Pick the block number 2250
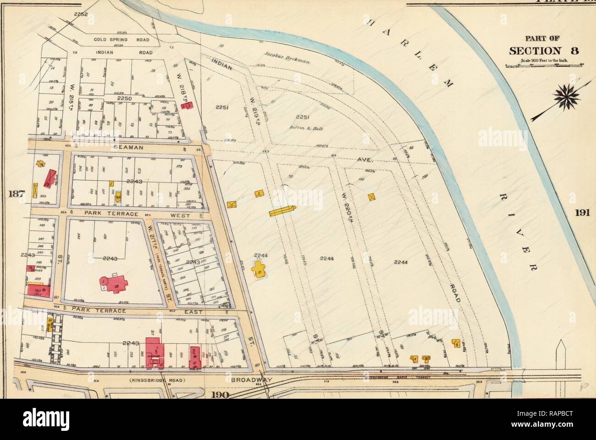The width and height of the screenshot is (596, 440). pyautogui.click(x=124, y=99)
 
